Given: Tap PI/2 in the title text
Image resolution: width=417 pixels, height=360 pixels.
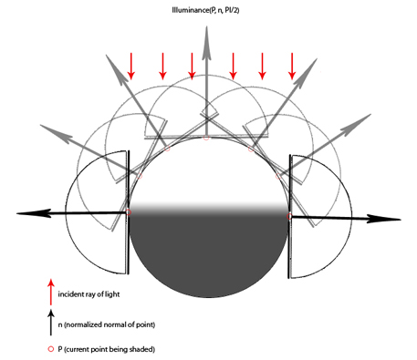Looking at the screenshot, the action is coord(232,10).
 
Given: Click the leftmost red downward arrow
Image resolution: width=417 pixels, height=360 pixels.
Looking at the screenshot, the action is coord(131,67).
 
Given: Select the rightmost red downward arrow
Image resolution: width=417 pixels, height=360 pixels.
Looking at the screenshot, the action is coord(292,67).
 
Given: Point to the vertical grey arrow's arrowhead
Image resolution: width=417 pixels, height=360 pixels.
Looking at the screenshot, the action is coord(206,42).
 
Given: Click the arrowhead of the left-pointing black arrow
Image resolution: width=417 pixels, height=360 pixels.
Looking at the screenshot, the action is coord(34,213).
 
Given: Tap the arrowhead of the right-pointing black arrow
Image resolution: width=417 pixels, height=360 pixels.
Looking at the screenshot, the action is coord(384,219).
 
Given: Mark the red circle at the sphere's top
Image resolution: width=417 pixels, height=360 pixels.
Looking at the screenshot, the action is coord(206,138).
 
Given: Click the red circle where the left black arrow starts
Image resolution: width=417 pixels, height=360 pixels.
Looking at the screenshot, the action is coord(129,212).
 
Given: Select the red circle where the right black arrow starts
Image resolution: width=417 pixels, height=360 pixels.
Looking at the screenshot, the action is coord(289,216).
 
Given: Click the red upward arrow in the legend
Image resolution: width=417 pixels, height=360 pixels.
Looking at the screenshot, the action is coord(51,292).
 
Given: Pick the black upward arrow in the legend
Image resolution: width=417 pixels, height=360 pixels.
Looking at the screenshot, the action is coord(51,322).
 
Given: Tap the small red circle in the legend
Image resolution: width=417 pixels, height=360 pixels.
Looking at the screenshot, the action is coord(51,349).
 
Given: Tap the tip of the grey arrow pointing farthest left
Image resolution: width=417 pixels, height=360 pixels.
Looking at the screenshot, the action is coord(40,125).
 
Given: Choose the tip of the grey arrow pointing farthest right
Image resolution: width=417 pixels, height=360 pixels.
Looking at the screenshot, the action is coord(371,114).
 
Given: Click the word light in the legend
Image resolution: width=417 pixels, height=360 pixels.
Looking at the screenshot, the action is coord(112,294).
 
